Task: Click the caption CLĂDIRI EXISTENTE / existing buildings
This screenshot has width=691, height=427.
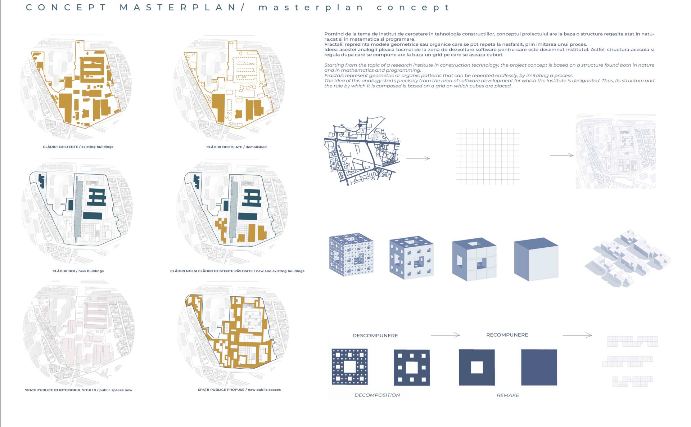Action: coord(78,147)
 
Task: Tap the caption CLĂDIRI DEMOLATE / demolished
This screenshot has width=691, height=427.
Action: coord(236,147)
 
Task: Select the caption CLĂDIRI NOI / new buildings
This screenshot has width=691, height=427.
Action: coord(78,271)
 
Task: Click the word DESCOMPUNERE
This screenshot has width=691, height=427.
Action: coord(375,336)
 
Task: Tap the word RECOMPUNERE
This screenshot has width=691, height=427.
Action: coord(507,335)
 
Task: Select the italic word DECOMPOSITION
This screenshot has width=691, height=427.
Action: coord(377,395)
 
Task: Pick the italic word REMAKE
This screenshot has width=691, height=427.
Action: coord(508,395)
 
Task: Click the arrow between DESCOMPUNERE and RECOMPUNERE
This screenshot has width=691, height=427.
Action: coord(446,335)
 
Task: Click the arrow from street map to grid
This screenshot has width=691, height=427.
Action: coord(418,158)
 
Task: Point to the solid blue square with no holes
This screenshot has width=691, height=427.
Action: coord(539,367)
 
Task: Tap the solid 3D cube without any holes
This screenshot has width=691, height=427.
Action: coord(536,259)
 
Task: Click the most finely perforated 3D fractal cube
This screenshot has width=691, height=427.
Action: coord(351,255)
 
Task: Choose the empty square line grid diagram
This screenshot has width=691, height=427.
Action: coord(488,156)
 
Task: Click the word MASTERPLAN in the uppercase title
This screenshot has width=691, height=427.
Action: coord(177,8)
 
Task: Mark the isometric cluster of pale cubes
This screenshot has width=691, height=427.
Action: coord(628,259)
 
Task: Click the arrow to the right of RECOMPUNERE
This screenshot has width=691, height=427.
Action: coord(577,335)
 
